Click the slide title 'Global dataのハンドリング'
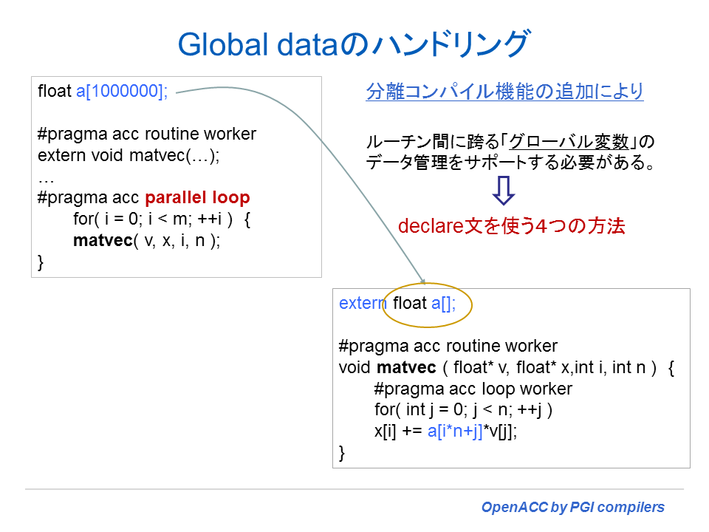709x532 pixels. (353, 44)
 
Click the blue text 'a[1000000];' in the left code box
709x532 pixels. (123, 92)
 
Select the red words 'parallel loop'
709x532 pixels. (197, 198)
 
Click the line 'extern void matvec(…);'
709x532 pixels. (129, 156)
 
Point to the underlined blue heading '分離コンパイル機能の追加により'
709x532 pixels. (504, 92)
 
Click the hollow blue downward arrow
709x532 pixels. (504, 191)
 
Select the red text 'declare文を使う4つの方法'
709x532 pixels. (511, 226)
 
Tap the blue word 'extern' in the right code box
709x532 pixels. (363, 304)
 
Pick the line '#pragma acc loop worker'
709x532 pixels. (473, 389)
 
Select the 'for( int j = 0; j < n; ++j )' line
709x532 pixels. (463, 410)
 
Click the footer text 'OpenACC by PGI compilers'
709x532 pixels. (572, 507)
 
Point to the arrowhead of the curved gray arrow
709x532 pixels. (423, 281)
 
